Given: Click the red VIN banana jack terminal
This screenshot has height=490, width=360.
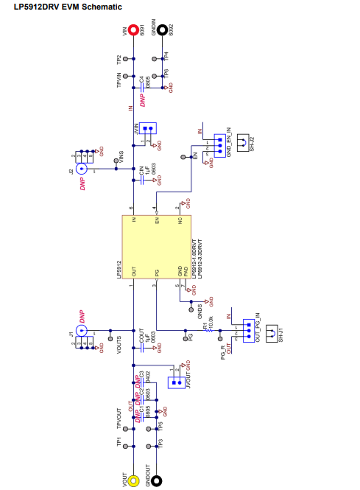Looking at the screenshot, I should point(133,30).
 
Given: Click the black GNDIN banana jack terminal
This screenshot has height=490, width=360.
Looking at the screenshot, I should point(160,30).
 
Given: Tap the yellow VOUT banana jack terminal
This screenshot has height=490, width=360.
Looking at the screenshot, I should point(133,481).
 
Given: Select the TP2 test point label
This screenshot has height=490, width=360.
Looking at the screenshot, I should point(118,59).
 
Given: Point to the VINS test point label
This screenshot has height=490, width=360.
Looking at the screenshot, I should point(120,156).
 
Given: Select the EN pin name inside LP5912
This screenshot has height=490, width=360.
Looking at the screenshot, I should point(157,220).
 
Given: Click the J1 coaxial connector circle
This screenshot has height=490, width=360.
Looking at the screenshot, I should point(81,330).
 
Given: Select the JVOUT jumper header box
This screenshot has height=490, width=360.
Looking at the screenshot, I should point(175,382).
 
